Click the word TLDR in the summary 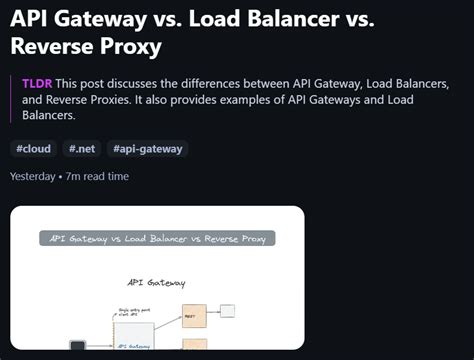pos(37,84)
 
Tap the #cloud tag pos(33,149)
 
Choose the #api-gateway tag pos(148,149)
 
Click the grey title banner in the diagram pos(157,239)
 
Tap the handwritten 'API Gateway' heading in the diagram pos(156,283)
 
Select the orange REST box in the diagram pos(193,315)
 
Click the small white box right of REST pos(228,311)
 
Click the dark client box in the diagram pos(77,347)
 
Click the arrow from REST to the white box pos(213,312)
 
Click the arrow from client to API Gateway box pos(98,347)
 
